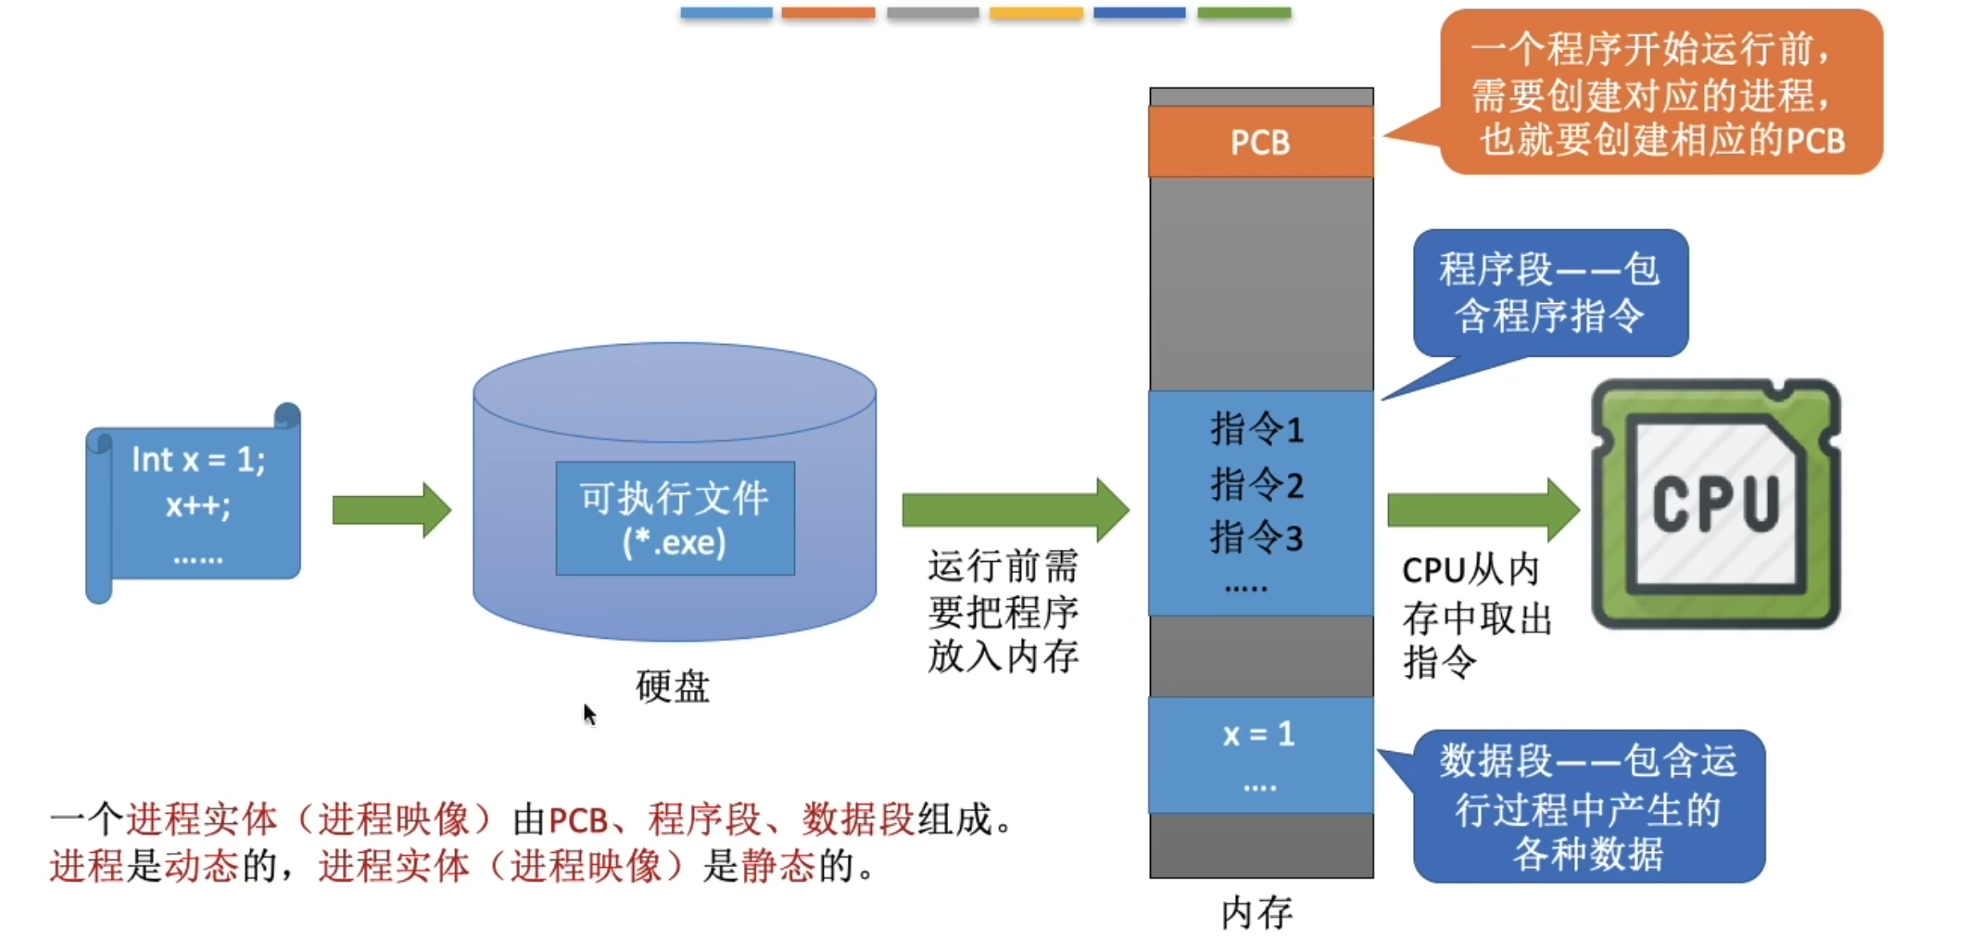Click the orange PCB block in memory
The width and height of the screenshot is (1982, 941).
[x=1260, y=142]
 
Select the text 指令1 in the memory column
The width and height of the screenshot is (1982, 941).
[x=1256, y=429]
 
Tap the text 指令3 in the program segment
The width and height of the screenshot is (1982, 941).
[x=1256, y=538]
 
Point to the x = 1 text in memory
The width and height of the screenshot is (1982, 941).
[x=1258, y=734]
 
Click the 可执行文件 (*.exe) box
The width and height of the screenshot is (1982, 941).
[x=675, y=518]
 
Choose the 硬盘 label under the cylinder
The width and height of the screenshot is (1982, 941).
[x=673, y=687]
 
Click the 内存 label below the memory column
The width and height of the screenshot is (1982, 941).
[x=1256, y=913]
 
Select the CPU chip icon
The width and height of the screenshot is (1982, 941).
[x=1715, y=503]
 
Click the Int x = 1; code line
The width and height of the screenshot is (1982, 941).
[x=198, y=460]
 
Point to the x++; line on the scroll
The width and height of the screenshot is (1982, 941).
[x=197, y=506]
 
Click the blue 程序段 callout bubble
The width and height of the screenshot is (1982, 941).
[x=1550, y=293]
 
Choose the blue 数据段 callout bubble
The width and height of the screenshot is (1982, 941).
[x=1588, y=807]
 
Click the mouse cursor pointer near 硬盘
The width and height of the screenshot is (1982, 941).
[x=589, y=714]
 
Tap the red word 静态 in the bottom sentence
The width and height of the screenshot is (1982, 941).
[x=777, y=866]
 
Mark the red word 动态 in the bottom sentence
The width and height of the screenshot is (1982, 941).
[x=201, y=866]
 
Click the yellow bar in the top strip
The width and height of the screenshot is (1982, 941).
[x=1036, y=13]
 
